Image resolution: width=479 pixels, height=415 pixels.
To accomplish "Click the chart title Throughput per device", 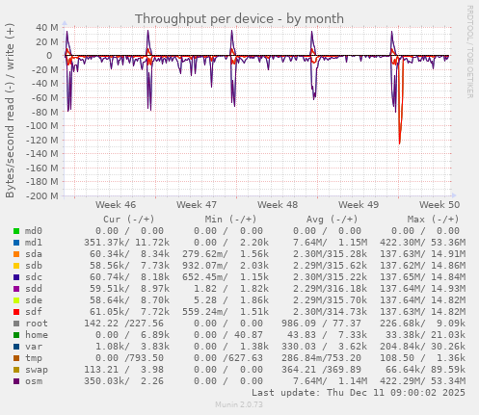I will click(239, 18).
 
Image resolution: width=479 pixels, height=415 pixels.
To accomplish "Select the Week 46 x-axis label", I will click(116, 205).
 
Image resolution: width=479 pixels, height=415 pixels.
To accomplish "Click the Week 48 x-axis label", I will click(278, 205).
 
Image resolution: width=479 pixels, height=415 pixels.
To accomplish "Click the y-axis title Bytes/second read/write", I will click(11, 111).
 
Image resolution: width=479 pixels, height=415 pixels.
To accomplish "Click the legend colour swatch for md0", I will click(15, 230).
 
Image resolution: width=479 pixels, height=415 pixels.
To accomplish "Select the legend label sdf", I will click(34, 312).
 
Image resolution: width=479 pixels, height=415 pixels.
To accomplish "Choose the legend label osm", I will click(34, 380).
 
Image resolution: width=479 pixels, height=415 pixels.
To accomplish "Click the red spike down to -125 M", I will click(399, 143).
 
